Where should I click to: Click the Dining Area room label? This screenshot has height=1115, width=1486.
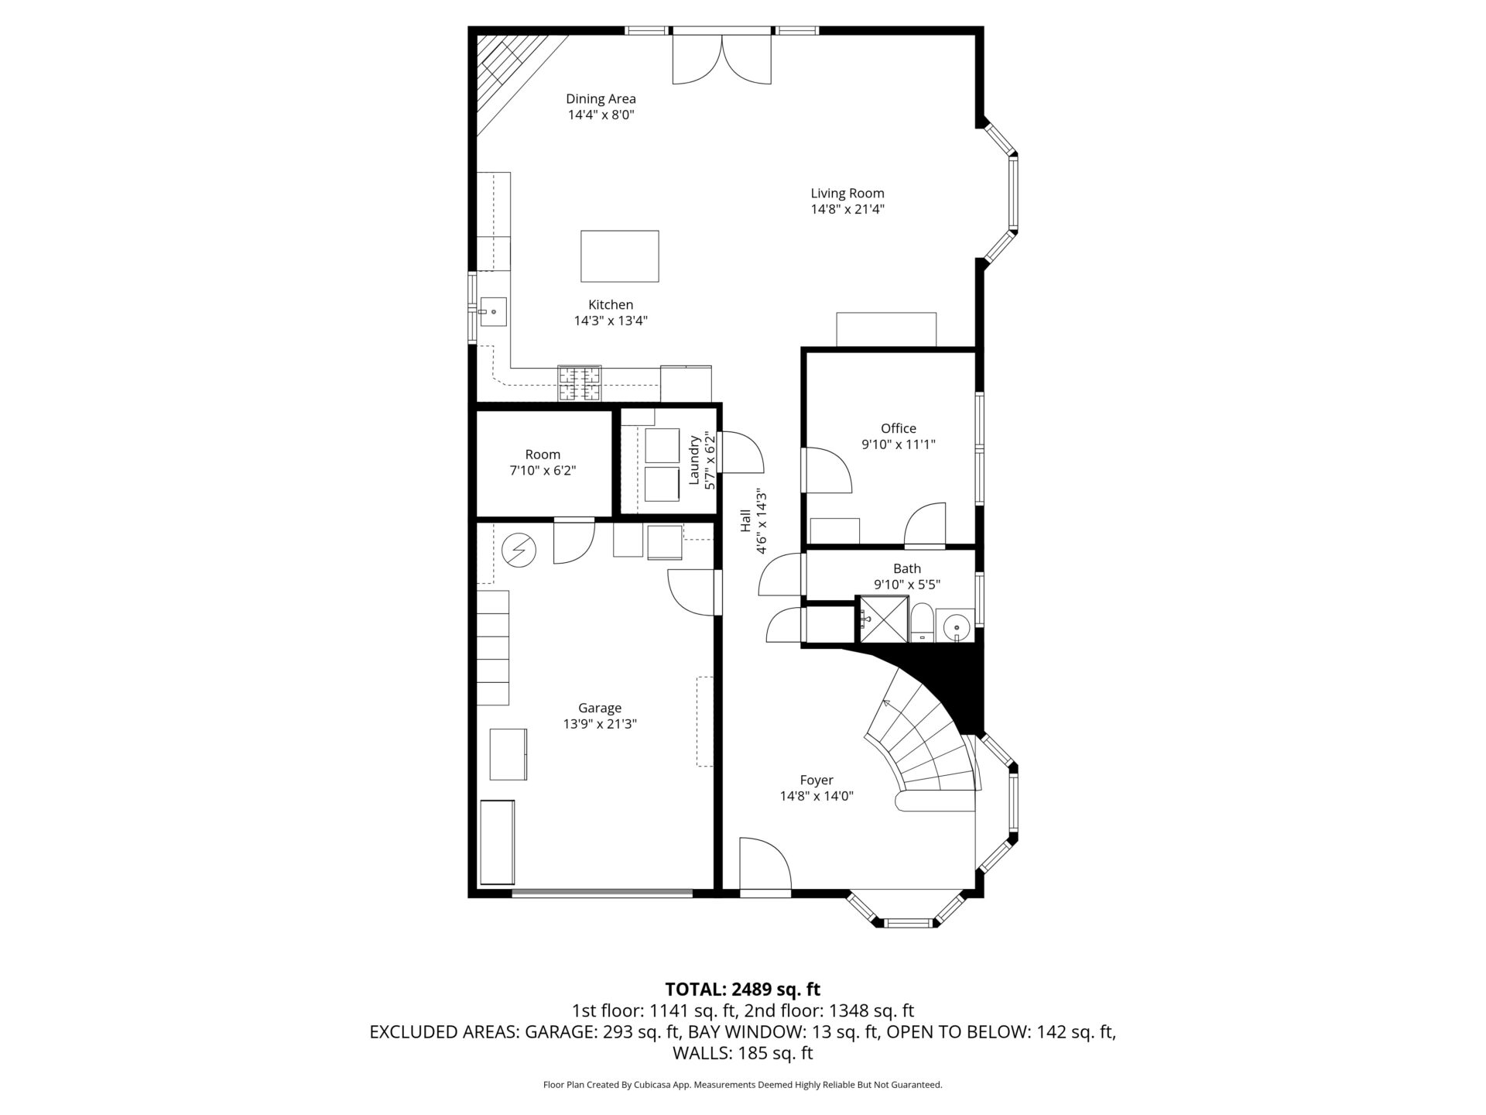(x=601, y=99)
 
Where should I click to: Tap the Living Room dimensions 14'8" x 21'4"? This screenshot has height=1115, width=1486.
(x=847, y=209)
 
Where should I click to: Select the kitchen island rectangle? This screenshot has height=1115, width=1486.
(x=620, y=256)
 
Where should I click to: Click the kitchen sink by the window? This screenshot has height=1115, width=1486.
(x=492, y=311)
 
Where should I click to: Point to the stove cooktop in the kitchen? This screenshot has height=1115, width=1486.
(x=579, y=383)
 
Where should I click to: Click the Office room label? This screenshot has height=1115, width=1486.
(x=898, y=428)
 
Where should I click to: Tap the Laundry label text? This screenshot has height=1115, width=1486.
(x=695, y=460)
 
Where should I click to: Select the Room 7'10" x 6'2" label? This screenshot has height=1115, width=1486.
(x=543, y=462)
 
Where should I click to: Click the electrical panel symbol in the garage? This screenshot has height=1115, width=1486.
(x=519, y=550)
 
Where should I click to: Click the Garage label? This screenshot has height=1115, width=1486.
(x=600, y=708)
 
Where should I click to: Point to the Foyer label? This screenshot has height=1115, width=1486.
(x=817, y=780)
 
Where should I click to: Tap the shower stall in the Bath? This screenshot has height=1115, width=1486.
(x=883, y=619)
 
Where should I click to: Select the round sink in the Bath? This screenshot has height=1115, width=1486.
(x=957, y=626)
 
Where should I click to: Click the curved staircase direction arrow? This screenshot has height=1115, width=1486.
(x=887, y=703)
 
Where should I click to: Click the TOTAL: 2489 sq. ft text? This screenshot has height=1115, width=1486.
(x=742, y=989)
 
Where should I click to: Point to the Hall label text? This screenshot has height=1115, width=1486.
(x=745, y=520)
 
